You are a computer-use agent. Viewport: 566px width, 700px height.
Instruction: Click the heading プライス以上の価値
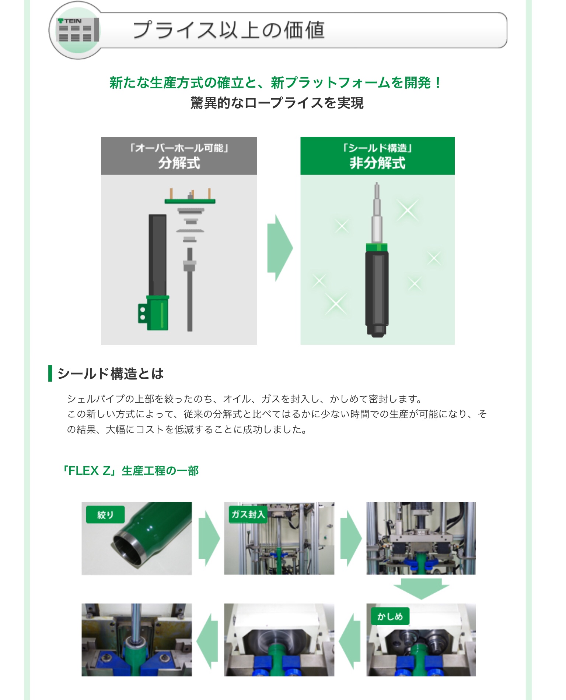pos(228,30)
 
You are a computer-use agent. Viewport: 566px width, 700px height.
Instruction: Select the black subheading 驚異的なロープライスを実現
pos(277,103)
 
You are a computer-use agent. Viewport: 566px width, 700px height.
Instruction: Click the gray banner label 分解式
pos(179,163)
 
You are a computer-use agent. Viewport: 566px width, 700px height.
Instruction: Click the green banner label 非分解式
pos(377,163)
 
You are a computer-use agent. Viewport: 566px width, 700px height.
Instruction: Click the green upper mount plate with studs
pos(190,201)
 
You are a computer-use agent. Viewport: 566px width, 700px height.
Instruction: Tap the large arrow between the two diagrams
pos(280,248)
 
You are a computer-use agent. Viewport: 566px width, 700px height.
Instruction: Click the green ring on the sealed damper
pos(377,247)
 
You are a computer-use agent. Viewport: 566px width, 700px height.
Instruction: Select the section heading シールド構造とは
pos(111,374)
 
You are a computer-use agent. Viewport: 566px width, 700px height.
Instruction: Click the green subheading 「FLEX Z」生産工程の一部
pos(130,471)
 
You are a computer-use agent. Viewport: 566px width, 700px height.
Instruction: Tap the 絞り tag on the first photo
pos(105,515)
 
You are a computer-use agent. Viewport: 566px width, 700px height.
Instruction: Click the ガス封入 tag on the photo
pos(248,514)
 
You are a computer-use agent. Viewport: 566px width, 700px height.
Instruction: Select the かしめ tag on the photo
pos(390,616)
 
